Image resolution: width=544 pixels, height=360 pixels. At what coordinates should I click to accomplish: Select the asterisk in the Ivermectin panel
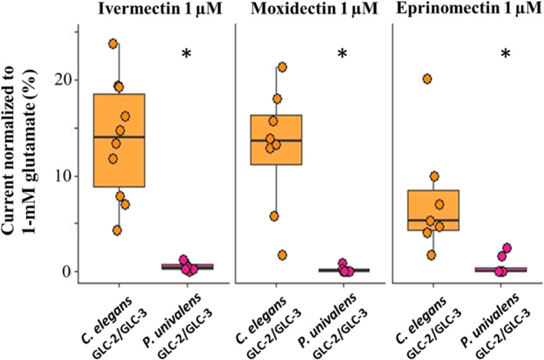(186, 54)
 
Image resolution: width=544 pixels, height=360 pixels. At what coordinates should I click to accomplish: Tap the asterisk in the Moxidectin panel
(342, 54)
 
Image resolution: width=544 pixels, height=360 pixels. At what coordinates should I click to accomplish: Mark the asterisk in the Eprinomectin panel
(506, 54)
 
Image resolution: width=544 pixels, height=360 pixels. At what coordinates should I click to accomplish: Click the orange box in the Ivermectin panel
(118, 140)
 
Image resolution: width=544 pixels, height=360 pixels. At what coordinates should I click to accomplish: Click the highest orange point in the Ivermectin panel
(113, 44)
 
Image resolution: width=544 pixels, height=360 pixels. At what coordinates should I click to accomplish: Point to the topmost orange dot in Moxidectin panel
(282, 67)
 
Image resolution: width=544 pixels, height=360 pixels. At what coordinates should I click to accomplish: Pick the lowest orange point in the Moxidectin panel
(282, 255)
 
